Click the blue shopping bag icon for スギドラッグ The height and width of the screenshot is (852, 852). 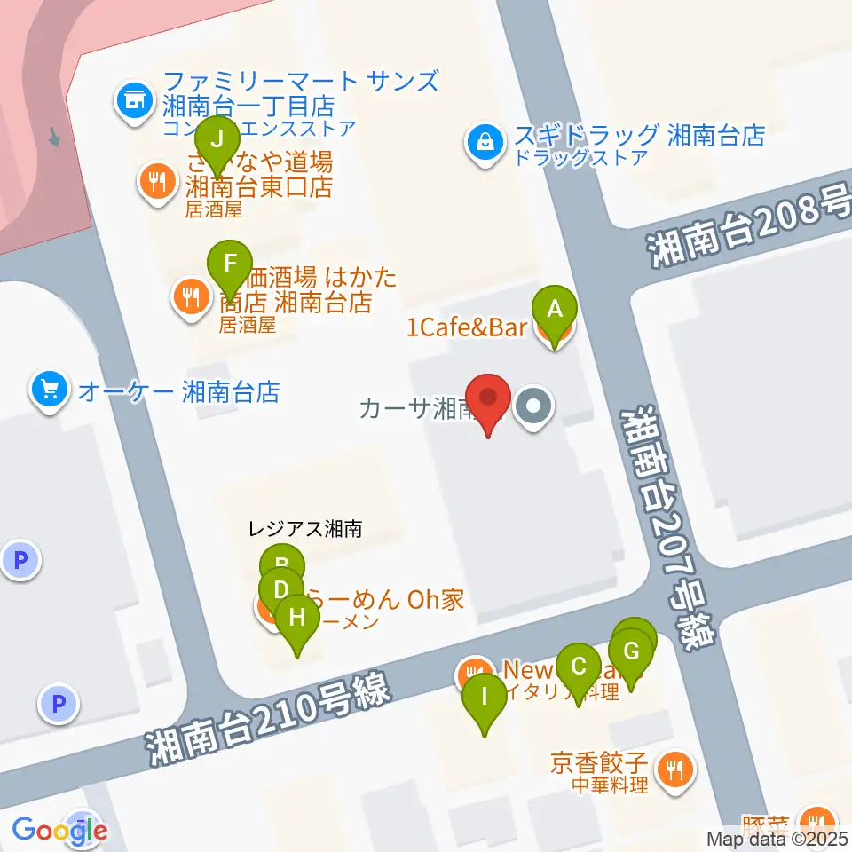[486, 143]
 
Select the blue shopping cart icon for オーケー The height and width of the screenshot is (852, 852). [49, 390]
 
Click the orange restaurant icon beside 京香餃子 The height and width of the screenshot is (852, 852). [676, 768]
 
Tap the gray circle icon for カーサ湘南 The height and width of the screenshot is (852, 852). [534, 408]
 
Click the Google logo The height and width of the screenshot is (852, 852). [60, 830]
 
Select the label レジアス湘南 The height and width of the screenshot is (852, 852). [305, 530]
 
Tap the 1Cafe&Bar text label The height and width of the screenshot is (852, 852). [467, 327]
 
